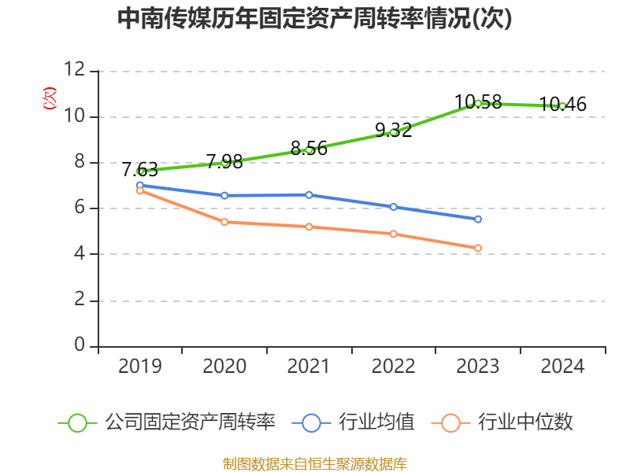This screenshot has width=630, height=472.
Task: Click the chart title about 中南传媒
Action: tap(314, 19)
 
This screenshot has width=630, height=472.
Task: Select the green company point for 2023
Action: tap(478, 103)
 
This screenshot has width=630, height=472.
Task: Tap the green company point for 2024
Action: tap(562, 105)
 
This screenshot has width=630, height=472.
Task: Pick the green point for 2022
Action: tap(393, 132)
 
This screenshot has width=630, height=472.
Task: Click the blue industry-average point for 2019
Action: tap(139, 186)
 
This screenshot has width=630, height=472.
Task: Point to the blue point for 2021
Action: tap(309, 194)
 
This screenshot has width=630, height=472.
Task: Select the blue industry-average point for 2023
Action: tap(478, 219)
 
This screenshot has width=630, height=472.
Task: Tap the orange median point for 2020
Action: tap(224, 222)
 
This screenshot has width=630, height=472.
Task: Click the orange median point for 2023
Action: tap(478, 248)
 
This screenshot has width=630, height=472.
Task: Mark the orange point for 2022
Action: tap(393, 234)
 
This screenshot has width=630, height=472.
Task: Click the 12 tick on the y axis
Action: tap(75, 71)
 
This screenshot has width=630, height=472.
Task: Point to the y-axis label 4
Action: tap(80, 254)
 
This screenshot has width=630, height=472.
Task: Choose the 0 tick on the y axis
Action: tap(80, 345)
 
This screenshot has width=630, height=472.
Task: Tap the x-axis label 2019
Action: tap(139, 367)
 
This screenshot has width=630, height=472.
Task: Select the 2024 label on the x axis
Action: tap(562, 367)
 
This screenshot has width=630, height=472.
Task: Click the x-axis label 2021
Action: tap(309, 367)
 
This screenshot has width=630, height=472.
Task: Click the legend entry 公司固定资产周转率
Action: tap(190, 422)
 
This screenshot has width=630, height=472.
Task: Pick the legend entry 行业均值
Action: tap(376, 422)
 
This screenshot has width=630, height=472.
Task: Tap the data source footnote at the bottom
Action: tap(314, 463)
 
